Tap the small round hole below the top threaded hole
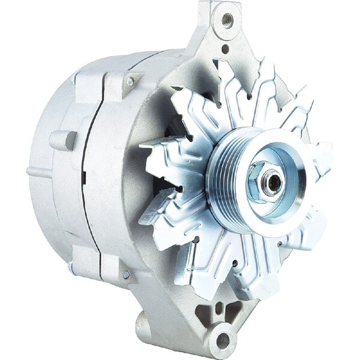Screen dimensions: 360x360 click(225, 50)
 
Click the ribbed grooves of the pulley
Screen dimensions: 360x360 click(222, 180)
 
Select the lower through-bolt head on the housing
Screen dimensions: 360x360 click(126, 274)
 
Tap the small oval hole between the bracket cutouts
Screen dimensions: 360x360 click(217, 310)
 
